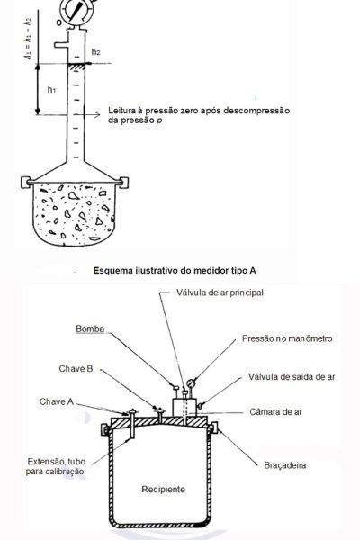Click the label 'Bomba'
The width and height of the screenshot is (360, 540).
(90, 328)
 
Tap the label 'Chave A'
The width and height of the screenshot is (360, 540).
(57, 401)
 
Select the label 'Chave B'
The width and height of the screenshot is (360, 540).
(76, 369)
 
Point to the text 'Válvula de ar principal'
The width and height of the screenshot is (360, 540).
(220, 292)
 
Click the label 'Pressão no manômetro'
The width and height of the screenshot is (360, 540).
(287, 338)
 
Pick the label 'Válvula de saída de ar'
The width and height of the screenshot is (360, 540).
(292, 377)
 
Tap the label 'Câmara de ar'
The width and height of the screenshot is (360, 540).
(275, 412)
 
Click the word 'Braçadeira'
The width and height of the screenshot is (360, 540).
(285, 465)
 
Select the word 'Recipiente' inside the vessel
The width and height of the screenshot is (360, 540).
(163, 490)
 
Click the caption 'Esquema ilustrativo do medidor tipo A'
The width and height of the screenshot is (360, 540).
(175, 270)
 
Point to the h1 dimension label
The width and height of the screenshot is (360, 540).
(51, 90)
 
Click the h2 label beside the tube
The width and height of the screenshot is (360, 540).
(96, 52)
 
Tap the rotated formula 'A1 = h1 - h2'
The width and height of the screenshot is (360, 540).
(28, 38)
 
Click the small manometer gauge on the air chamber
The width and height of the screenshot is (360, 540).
(191, 383)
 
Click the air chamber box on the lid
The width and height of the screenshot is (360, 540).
(184, 408)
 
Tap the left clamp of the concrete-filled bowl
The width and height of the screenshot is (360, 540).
(25, 182)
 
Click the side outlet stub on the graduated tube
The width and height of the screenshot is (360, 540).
(61, 45)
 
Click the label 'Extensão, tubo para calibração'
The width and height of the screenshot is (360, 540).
(56, 466)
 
